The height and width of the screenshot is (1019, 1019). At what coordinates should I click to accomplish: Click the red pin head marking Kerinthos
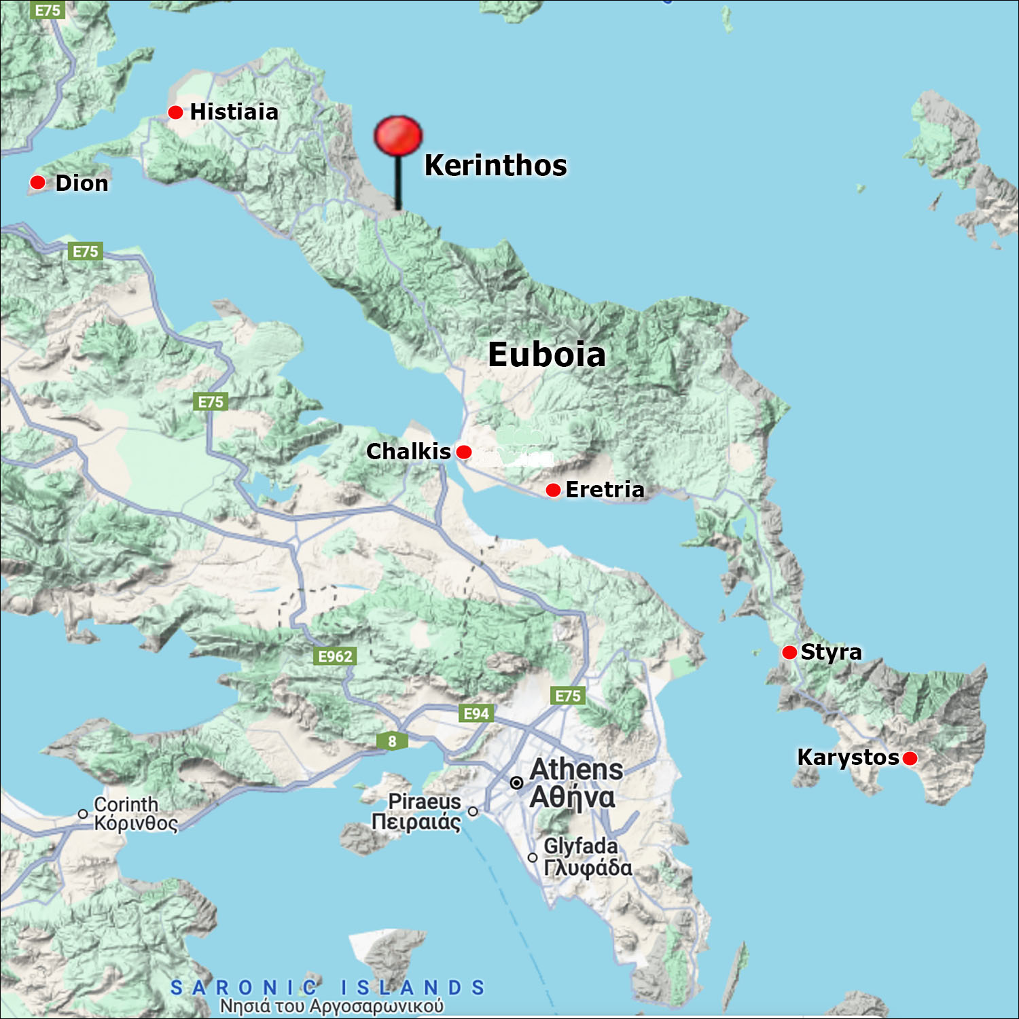tap(398, 135)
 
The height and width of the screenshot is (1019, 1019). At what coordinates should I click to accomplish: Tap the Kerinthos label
tap(495, 165)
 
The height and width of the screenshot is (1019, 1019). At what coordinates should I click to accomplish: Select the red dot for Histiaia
tap(175, 112)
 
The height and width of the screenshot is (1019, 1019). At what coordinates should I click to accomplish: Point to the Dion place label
tap(82, 183)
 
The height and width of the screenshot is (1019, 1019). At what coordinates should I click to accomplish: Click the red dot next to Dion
tap(37, 182)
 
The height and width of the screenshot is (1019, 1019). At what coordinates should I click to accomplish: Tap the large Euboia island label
tap(546, 355)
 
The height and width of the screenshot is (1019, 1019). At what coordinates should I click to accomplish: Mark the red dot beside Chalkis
tap(464, 452)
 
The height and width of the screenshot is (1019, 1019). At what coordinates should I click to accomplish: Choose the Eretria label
tap(605, 489)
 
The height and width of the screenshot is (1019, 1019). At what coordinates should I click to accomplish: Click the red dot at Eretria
tap(553, 490)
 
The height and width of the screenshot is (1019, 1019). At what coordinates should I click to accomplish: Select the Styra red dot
tap(789, 652)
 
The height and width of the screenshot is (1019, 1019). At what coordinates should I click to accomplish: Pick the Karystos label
tap(848, 757)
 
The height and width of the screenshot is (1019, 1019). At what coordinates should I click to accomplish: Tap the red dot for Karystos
tap(910, 758)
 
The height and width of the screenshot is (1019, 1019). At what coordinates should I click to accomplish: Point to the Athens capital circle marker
tap(516, 783)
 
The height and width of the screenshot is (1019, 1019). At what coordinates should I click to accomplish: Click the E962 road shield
tap(336, 656)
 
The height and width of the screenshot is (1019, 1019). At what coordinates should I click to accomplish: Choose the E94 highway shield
tap(476, 713)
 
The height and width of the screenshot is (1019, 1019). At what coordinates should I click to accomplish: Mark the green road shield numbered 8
tap(392, 741)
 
